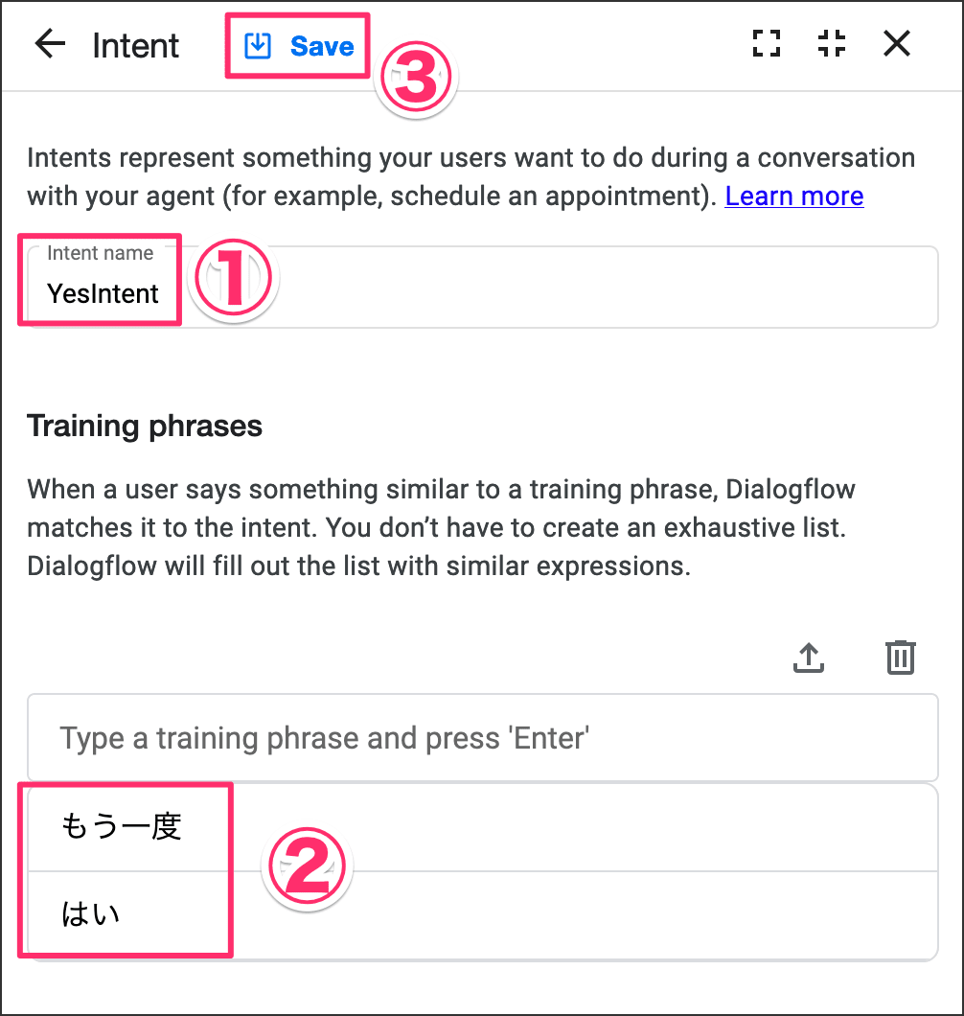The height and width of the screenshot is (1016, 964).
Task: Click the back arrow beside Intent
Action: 50,44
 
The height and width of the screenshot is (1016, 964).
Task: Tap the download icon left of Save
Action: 257,46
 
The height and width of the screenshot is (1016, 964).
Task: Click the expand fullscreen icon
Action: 767,43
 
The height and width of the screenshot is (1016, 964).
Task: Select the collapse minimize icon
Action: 832,43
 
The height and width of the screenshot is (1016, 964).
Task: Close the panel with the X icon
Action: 897,43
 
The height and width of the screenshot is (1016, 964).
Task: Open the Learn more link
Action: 794,196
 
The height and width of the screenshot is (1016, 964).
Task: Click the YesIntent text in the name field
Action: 103,293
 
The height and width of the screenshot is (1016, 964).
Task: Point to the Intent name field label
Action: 101,253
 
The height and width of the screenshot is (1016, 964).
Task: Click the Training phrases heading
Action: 145,427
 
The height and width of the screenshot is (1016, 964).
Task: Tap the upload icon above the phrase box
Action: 809,658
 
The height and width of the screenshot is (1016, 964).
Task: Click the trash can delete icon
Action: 901,658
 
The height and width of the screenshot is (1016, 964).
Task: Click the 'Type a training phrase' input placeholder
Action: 325,738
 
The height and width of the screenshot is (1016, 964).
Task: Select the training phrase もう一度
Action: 121,827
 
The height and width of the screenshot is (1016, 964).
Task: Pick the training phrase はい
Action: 91,913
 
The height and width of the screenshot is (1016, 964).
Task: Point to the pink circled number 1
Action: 233,277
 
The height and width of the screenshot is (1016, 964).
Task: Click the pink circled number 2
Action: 307,866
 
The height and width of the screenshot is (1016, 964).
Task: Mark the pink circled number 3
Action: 416,78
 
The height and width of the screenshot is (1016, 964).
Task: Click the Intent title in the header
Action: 135,45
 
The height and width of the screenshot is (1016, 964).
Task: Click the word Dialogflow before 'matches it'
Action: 791,489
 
